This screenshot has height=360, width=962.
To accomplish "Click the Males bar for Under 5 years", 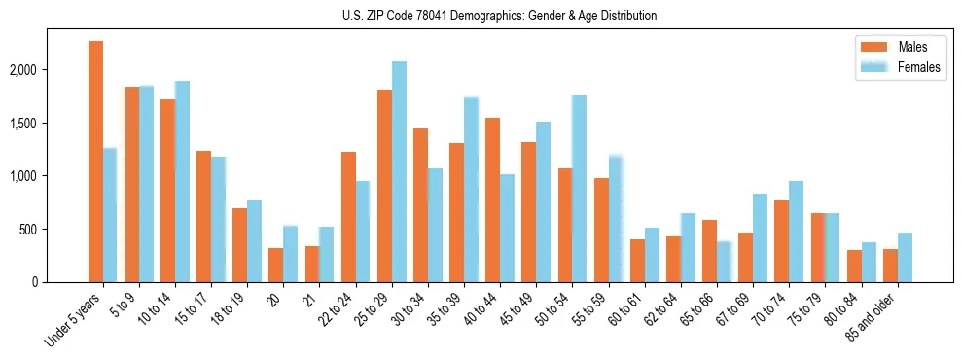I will coord(95,162).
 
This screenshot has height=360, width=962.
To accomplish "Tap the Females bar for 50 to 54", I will coord(579,189).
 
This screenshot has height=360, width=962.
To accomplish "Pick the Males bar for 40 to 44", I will coord(492,200).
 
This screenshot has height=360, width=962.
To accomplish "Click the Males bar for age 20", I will coord(276,265).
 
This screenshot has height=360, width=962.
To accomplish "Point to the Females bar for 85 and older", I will coord(905,258).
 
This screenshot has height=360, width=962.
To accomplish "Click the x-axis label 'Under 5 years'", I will coord(74,320).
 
